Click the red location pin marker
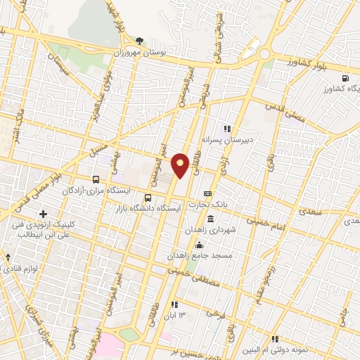180,165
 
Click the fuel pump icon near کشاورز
345,78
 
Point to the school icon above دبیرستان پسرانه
226,129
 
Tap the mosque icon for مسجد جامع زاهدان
200,246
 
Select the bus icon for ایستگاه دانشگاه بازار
148,198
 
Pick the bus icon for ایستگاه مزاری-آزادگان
97,180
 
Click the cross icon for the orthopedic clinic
44,214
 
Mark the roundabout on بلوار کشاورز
264,54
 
